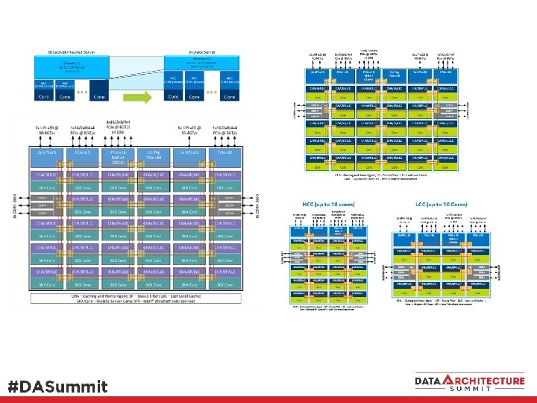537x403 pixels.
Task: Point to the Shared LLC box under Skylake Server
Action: pyautogui.click(x=201, y=66)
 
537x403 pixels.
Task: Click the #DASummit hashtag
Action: pyautogui.click(x=57, y=387)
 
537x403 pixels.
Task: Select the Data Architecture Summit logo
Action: pyautogui.click(x=469, y=382)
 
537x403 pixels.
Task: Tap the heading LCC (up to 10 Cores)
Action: pyautogui.click(x=430, y=204)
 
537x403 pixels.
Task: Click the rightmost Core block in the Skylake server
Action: pyautogui.click(x=232, y=96)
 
